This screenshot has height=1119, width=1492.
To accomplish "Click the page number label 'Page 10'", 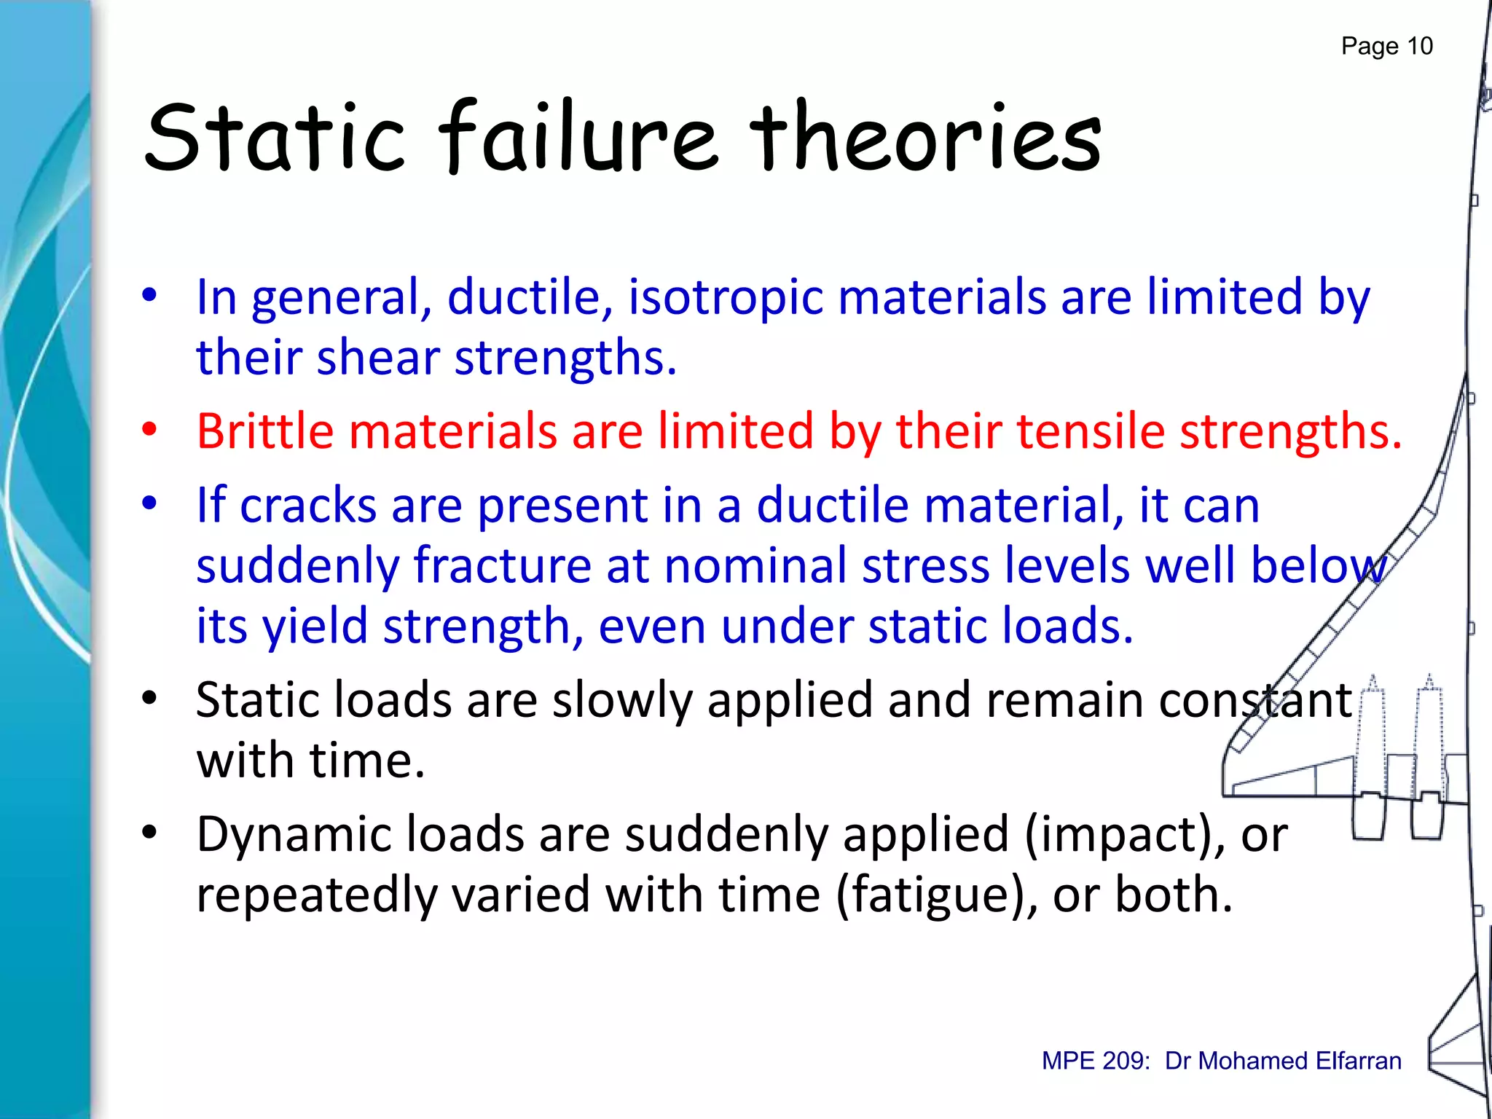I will [1386, 46].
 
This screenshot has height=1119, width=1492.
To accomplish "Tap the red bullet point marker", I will [149, 430].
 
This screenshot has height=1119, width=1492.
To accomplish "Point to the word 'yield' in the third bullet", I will [314, 627].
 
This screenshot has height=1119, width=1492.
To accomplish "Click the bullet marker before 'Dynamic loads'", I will [149, 833].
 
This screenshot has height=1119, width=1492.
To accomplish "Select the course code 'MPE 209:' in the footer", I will [1096, 1061].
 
